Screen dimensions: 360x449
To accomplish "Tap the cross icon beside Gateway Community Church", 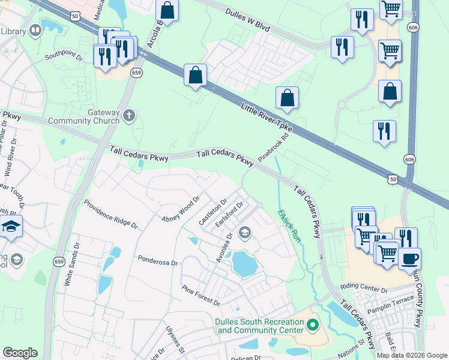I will click(128, 114).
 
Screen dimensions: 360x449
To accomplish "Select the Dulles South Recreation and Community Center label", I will click(259, 326).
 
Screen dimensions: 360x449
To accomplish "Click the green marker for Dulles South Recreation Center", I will click(312, 326).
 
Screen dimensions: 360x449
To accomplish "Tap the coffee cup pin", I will click(409, 259).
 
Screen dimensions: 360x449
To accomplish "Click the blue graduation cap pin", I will click(11, 227).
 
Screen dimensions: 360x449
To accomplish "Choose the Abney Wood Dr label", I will click(180, 209).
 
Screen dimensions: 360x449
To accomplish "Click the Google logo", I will click(20, 353).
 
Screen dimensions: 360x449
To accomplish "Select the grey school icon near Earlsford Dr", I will click(245, 232).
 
